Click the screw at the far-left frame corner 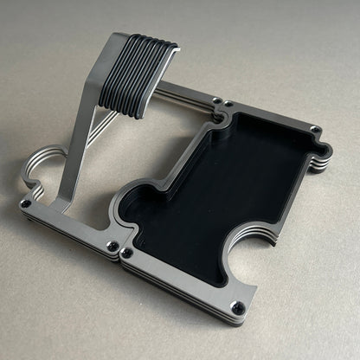pyautogui.click(x=27, y=202)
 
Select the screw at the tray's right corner pyautogui.click(x=317, y=131)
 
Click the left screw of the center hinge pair pyautogui.click(x=112, y=247)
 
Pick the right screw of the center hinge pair pyautogui.click(x=127, y=254)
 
